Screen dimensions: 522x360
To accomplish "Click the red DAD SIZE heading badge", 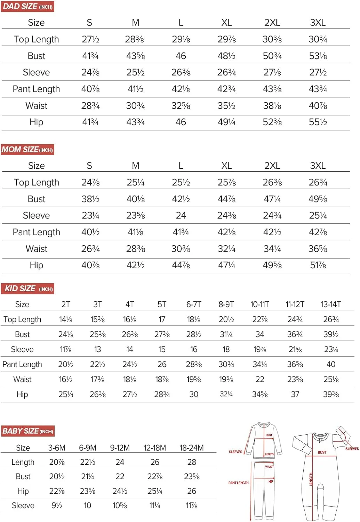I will click(x=27, y=7).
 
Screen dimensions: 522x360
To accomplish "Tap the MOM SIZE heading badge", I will click(x=27, y=150).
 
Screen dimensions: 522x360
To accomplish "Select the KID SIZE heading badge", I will click(x=28, y=288).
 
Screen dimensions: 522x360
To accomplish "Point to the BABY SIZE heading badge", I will click(x=28, y=431).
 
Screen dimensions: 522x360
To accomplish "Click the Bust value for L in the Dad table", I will click(x=181, y=56).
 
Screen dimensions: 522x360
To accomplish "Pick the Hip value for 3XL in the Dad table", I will click(x=318, y=122).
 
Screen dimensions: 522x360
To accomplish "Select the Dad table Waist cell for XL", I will click(x=226, y=105).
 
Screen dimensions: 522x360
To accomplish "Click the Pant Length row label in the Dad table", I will click(x=36, y=89).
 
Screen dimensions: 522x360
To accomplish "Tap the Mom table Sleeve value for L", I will click(x=181, y=215).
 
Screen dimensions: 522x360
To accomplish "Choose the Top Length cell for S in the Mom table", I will click(x=90, y=182).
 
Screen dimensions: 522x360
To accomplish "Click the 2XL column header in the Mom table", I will click(x=272, y=166).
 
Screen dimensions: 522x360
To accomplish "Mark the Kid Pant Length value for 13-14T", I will click(x=331, y=364).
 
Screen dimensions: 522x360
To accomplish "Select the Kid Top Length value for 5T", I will click(x=162, y=319).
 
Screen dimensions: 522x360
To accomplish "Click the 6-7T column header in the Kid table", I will click(x=194, y=304).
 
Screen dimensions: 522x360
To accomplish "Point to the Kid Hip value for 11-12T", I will click(x=295, y=394).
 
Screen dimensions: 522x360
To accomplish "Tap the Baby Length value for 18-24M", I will click(x=192, y=462).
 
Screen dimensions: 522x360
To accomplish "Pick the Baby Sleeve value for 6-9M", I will click(x=87, y=505).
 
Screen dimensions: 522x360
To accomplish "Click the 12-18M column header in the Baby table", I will click(x=155, y=448).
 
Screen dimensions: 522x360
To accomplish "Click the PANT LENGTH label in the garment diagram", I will click(x=238, y=483).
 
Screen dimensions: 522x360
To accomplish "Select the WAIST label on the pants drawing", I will click(x=269, y=467).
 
